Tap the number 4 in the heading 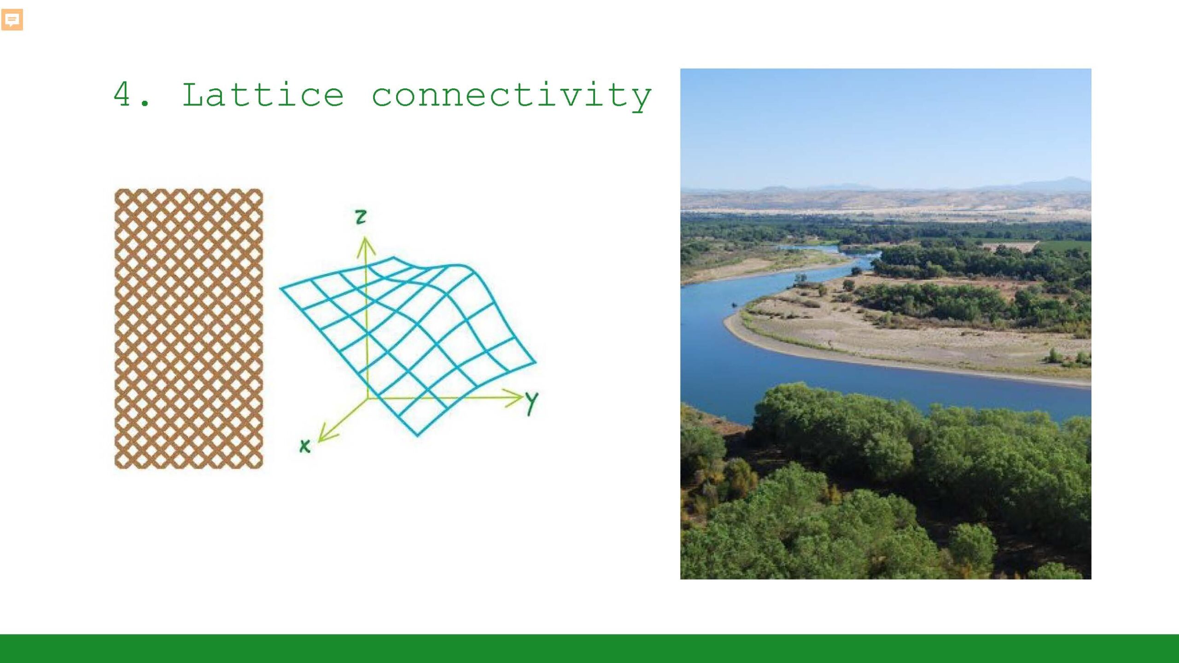tap(122, 94)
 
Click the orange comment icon tap(12, 20)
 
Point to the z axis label tap(361, 216)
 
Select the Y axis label tap(531, 404)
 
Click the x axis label tap(304, 446)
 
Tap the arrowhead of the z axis tap(366, 245)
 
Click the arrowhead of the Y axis tap(513, 398)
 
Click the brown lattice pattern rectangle tap(189, 329)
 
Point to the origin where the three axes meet tap(368, 398)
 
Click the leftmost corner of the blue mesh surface tap(281, 288)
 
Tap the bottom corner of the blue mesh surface tap(417, 435)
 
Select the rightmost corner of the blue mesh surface tap(536, 362)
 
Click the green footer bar tap(589, 648)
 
